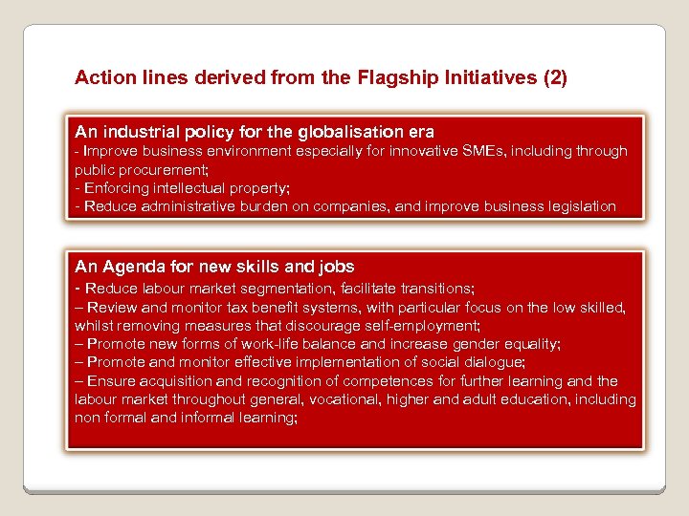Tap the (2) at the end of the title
pyautogui.click(x=554, y=77)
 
